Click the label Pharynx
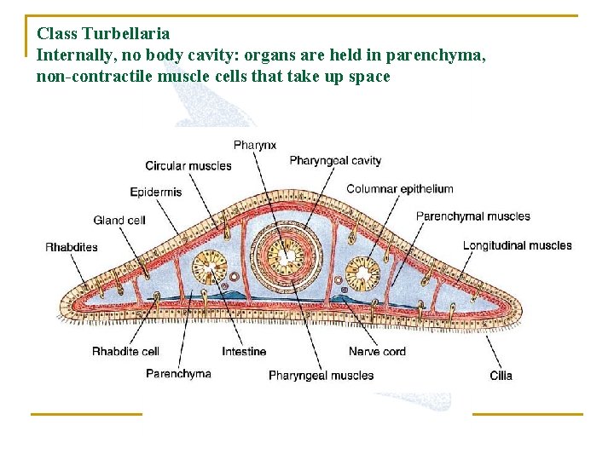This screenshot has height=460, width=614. (x=254, y=146)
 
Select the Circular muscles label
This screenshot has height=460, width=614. (x=188, y=166)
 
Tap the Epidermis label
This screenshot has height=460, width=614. (x=155, y=192)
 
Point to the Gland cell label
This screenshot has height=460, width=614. (x=119, y=221)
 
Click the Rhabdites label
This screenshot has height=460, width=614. (x=72, y=248)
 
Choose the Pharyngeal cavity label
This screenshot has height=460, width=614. (x=335, y=160)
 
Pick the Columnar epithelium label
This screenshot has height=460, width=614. (x=399, y=189)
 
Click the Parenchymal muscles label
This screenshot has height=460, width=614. (x=472, y=216)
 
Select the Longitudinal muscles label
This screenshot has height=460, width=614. (x=517, y=245)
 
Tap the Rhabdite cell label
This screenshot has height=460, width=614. (x=125, y=352)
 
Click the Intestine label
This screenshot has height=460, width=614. (x=244, y=352)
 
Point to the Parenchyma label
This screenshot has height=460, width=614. (x=178, y=373)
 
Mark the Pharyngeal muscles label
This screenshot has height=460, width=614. (x=321, y=375)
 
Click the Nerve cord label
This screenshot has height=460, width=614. (x=377, y=352)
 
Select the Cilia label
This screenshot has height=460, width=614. (x=501, y=375)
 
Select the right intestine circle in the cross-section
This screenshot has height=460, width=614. (x=364, y=273)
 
